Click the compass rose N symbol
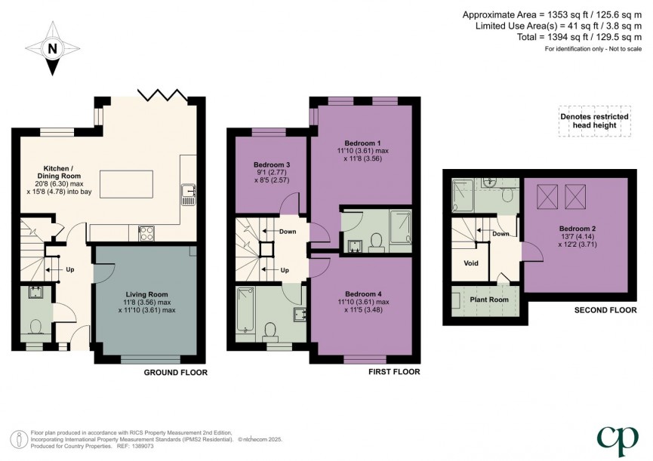tap(52, 49)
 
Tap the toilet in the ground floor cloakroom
tap(34, 326)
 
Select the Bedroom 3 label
tap(272, 164)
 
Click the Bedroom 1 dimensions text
tap(362, 155)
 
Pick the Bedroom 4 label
tap(362, 294)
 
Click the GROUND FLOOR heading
tap(175, 373)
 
